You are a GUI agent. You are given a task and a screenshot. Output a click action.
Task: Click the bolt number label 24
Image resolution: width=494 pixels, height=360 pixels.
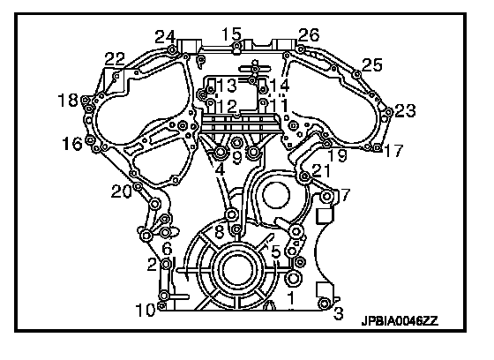click(165, 38)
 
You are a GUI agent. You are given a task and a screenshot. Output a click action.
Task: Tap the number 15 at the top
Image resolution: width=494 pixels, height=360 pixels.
click(231, 34)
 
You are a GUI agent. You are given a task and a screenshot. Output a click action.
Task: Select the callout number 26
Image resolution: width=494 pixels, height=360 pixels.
click(309, 34)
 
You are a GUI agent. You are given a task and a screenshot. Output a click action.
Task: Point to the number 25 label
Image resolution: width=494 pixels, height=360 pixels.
click(371, 65)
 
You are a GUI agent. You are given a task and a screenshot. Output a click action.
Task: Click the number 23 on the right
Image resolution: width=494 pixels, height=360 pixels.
click(405, 110)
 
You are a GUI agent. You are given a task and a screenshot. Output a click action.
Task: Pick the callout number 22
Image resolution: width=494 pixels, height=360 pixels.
click(115, 59)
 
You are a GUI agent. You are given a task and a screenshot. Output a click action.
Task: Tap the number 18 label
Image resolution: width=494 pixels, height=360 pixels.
click(68, 101)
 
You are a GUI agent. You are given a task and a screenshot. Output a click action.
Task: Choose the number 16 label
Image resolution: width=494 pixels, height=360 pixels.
click(72, 144)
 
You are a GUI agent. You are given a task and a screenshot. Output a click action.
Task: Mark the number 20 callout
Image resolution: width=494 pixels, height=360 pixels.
click(122, 191)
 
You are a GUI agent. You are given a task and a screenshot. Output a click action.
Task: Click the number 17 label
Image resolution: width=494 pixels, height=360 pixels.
click(393, 150)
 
